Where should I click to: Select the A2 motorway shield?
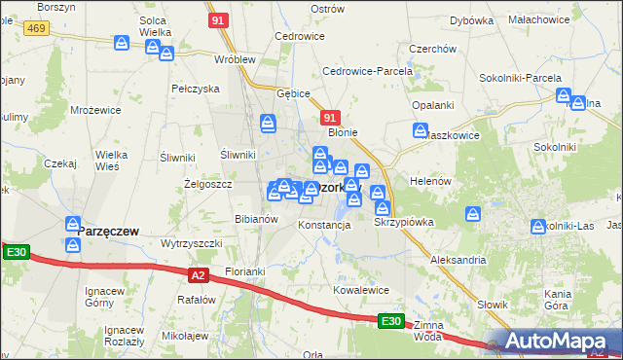click(x=199, y=275)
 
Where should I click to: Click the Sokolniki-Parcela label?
click(x=520, y=77)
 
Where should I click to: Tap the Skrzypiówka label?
click(x=404, y=222)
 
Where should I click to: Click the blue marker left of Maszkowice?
click(x=421, y=130)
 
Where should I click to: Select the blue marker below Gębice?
click(x=269, y=123)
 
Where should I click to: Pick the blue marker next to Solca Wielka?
click(x=123, y=43)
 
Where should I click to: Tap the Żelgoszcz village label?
click(x=207, y=183)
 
